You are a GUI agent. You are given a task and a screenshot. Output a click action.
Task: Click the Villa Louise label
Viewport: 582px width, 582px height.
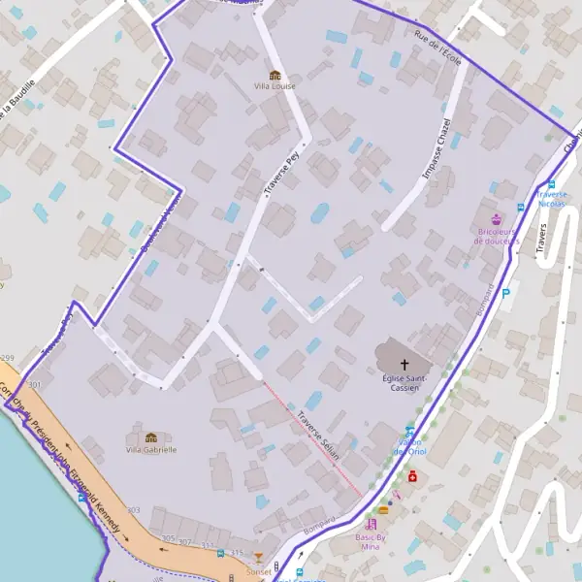[x=275, y=86]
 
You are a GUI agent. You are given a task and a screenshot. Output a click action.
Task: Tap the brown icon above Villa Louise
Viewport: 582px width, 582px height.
[x=275, y=75]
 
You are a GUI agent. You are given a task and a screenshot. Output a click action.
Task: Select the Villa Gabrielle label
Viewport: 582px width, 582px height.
[x=151, y=449]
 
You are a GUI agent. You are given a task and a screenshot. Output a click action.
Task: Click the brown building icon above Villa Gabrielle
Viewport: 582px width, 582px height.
[x=151, y=437]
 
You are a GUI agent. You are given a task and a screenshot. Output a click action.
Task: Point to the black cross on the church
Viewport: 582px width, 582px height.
[x=404, y=363]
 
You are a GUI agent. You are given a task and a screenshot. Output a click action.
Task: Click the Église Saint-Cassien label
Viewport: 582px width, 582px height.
[x=405, y=382]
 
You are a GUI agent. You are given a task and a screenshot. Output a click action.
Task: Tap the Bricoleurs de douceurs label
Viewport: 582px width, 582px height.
[x=499, y=236]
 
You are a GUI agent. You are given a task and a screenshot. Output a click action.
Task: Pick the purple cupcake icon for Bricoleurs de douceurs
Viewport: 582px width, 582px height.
[x=498, y=219]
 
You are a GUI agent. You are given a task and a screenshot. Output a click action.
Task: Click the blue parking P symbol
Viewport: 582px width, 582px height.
[x=505, y=293]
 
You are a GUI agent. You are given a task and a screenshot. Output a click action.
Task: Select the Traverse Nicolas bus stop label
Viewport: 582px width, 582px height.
[x=551, y=199]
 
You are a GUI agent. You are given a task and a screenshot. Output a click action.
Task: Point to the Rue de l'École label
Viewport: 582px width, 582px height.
[x=437, y=48]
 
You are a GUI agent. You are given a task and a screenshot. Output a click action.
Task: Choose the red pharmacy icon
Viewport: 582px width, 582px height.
[x=412, y=477]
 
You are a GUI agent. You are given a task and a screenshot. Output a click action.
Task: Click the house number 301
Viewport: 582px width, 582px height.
[x=36, y=385]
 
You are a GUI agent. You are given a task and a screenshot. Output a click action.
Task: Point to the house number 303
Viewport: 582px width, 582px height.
[x=133, y=510]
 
